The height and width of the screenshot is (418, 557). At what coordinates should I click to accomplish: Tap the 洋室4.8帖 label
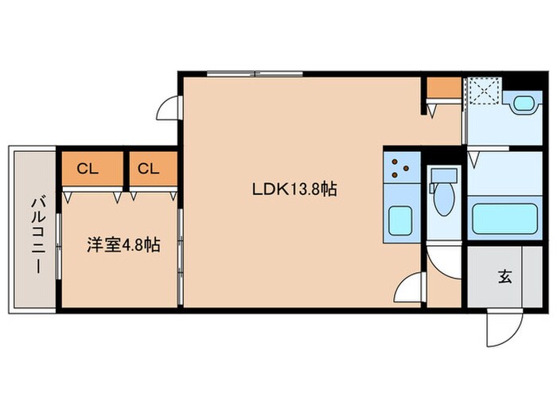[x=123, y=245]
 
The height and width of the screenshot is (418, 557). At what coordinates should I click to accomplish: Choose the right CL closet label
[x=147, y=169]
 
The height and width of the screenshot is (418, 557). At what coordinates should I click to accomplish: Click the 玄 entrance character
[x=504, y=277]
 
